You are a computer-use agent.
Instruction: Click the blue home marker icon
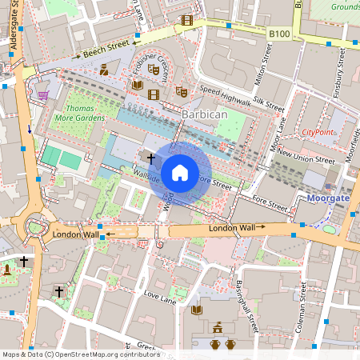(180, 172)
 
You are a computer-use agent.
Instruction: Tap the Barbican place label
(206, 114)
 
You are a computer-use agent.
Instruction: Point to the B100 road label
(278, 33)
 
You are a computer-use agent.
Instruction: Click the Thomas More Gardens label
(79, 113)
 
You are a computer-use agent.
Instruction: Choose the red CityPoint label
(318, 131)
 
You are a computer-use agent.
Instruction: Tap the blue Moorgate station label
(328, 197)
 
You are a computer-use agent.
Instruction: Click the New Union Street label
(306, 156)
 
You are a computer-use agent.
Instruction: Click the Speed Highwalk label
(224, 95)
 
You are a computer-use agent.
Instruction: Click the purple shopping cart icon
(42, 94)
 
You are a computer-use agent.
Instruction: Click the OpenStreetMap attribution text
(80, 354)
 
